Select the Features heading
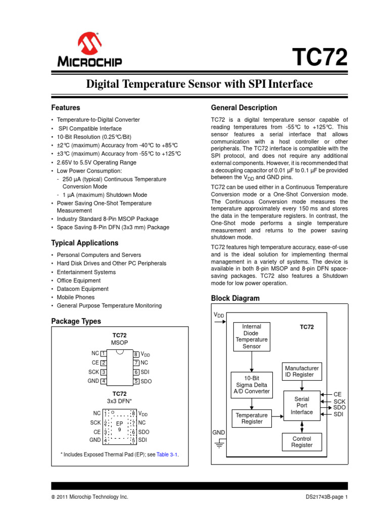tap(66, 108)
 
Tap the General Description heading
tap(244, 108)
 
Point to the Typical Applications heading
tap(85, 243)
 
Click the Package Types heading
tap(76, 321)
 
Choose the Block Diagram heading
tap(235, 298)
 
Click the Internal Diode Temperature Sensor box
tap(252, 337)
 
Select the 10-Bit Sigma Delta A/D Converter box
tap(252, 384)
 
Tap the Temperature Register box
tap(252, 418)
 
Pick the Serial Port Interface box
tap(302, 405)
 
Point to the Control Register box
tap(302, 442)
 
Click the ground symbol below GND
tap(219, 444)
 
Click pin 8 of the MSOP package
tap(136, 354)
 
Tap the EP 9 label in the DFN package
tap(120, 426)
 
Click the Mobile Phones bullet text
tap(76, 297)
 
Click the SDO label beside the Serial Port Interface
tap(339, 407)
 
